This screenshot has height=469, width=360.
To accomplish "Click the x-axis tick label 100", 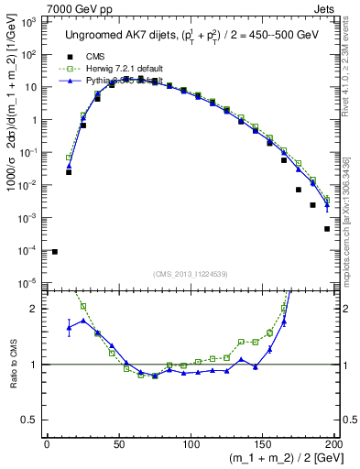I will (191, 445).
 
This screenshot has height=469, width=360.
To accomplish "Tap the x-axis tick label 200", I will (335, 445).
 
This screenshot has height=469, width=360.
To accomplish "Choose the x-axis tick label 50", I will (119, 445).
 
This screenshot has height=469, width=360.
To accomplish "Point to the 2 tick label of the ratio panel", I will (35, 309).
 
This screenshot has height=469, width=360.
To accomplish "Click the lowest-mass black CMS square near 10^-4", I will (55, 252).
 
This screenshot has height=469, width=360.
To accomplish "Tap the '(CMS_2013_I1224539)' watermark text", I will (191, 274).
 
